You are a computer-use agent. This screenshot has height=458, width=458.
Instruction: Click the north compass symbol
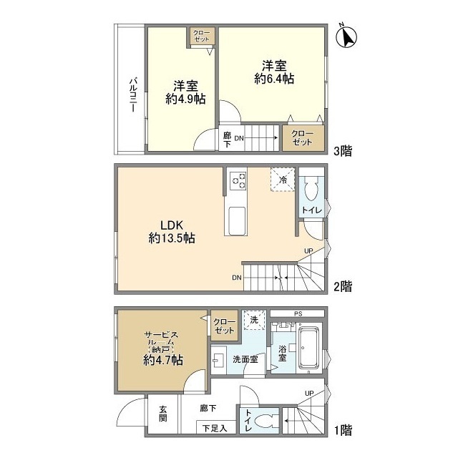pyautogui.click(x=346, y=37)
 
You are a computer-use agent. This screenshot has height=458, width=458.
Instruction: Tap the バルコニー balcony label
pyautogui.click(x=134, y=94)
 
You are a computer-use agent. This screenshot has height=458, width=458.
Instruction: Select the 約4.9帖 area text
pyautogui.click(x=185, y=99)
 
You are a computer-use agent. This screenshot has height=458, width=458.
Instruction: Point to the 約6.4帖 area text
pyautogui.click(x=274, y=79)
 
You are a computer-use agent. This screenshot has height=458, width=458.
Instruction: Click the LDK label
pyautogui.click(x=172, y=225)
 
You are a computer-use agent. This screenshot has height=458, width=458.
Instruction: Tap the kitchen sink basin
pyautogui.click(x=237, y=220)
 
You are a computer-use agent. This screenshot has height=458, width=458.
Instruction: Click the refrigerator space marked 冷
pyautogui.click(x=282, y=180)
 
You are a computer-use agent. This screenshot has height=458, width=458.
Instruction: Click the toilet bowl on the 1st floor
pyautogui.click(x=265, y=422)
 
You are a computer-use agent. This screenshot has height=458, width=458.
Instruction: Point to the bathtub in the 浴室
pyautogui.click(x=308, y=348)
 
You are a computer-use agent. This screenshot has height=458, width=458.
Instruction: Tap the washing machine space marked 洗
pyautogui.click(x=255, y=320)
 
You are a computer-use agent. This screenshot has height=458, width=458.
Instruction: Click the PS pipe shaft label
pyautogui.click(x=298, y=314)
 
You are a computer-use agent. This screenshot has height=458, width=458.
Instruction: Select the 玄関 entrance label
pyautogui.click(x=163, y=414)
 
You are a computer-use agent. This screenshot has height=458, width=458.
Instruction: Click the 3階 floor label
pyautogui.click(x=343, y=151)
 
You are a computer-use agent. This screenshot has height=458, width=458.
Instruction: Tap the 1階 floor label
pyautogui.click(x=343, y=430)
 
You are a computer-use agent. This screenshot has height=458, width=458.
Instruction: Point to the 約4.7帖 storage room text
pyautogui.click(x=163, y=360)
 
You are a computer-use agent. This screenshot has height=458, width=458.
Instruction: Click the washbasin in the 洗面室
pyautogui.click(x=218, y=360)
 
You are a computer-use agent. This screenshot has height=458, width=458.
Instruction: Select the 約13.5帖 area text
pyautogui.click(x=172, y=238)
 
